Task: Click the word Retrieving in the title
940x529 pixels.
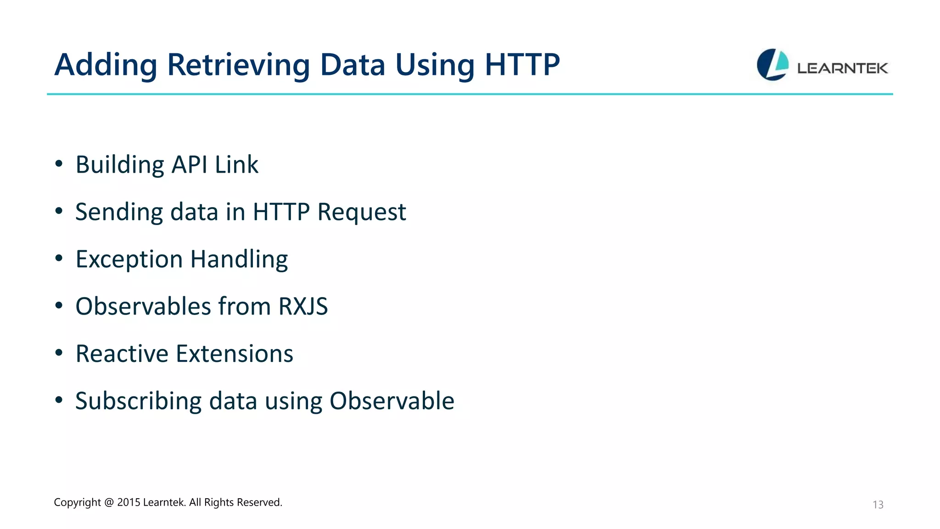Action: pos(239,65)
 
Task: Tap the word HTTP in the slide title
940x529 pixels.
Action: pos(522,65)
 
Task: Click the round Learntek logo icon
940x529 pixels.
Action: pos(772,65)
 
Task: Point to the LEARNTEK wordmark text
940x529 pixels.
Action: pos(842,68)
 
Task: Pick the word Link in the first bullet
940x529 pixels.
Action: pos(236,164)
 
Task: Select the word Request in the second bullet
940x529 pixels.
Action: pos(361,212)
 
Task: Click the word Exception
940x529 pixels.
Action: pos(129,259)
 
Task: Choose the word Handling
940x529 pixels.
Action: pos(239,259)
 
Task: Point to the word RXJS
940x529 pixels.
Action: pos(303,306)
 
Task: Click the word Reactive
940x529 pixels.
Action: pos(122,354)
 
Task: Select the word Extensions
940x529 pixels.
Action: pos(235,354)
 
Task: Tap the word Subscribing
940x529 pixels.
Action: pos(138,401)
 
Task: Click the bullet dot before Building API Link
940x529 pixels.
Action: pos(59,163)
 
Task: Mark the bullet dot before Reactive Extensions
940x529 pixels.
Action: pos(59,353)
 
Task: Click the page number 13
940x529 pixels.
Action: pos(878,505)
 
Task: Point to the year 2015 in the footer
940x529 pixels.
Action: pos(129,502)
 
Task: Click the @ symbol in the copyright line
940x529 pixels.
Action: pos(109,502)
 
